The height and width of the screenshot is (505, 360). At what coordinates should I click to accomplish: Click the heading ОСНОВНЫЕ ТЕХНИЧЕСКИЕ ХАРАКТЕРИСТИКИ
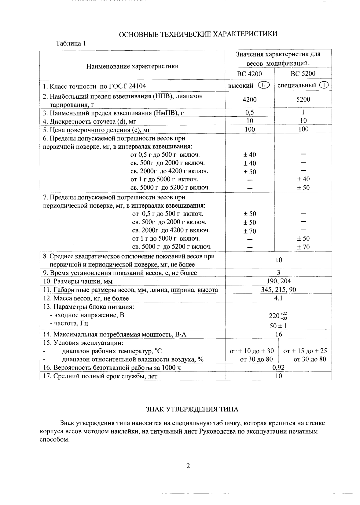pos(198,34)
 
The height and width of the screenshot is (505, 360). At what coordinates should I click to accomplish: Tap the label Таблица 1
pos(71,43)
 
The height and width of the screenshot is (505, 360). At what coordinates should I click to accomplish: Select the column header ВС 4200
pos(249,74)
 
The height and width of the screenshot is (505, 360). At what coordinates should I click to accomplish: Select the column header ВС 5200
pos(303,74)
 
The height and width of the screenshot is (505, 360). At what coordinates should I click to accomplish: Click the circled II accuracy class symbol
pos(263,85)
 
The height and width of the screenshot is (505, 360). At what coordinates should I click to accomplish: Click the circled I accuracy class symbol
pos(324,85)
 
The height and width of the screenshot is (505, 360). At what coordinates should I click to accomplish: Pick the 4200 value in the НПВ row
pos(249,100)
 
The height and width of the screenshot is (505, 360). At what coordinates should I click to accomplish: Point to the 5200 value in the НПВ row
pos(303,100)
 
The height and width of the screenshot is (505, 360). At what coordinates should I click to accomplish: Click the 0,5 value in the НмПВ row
pos(250,112)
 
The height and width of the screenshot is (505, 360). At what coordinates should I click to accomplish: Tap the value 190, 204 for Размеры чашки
pos(279,281)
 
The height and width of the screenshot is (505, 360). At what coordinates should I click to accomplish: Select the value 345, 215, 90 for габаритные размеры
pos(278,289)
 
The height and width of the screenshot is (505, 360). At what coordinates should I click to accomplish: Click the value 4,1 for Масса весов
pos(278,298)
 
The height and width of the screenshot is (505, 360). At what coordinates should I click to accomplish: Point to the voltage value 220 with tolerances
pos(278,316)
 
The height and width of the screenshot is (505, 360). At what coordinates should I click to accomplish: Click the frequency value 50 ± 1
pos(278,326)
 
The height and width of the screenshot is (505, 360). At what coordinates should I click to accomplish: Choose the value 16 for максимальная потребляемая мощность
pos(278,334)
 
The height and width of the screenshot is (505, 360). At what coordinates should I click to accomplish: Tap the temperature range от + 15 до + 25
pos(305,351)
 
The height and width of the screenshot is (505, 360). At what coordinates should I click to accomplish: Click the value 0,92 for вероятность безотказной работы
pos(278,368)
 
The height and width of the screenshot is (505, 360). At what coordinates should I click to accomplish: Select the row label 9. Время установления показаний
pos(120,273)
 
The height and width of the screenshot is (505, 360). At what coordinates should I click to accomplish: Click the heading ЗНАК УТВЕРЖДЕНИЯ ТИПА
pos(192,409)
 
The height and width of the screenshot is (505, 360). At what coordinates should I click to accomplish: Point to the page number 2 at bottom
pos(188,466)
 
